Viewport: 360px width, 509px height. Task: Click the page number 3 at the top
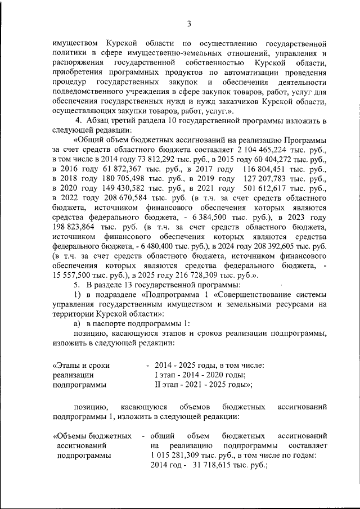pos(189,23)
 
